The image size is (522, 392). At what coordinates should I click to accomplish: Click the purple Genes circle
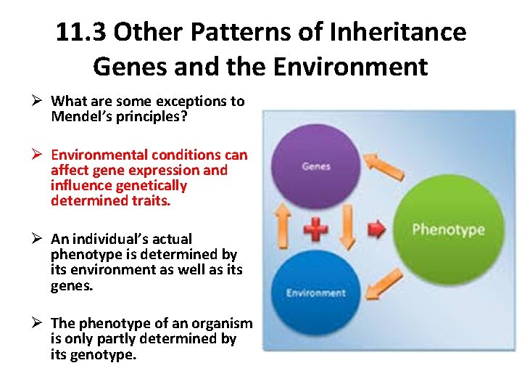tap(316, 166)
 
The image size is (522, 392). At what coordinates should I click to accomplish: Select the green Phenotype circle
tap(448, 230)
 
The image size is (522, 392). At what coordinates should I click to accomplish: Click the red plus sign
tap(315, 229)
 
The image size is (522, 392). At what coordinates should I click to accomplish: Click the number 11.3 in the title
tap(80, 33)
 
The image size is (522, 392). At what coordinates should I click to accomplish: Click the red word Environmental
tap(99, 155)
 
